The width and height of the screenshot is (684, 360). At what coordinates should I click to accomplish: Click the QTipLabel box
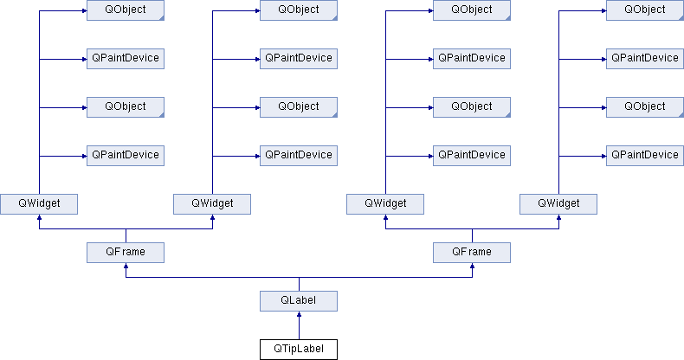coord(299,349)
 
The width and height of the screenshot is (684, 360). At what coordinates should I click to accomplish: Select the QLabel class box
coord(299,301)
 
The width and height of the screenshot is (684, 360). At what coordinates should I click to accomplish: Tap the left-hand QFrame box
coord(126,253)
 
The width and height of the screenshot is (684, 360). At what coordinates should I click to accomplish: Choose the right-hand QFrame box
coord(472,253)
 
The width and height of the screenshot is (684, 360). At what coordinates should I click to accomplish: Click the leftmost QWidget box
coord(39,204)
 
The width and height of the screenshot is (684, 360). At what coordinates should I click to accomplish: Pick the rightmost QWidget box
coord(558,204)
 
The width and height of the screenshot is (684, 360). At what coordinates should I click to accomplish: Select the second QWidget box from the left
coord(212,204)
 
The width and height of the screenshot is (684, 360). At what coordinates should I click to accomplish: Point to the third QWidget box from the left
coord(385,204)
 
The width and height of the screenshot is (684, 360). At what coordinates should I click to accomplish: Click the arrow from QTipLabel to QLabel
coord(299,325)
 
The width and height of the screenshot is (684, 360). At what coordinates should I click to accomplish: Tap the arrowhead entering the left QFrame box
coord(126,266)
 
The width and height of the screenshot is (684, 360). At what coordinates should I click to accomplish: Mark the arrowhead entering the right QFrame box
coord(473,266)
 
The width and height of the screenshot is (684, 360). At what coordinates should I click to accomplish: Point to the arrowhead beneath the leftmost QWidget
coord(39,217)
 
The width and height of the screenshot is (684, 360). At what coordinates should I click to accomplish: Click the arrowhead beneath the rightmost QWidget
coord(558,217)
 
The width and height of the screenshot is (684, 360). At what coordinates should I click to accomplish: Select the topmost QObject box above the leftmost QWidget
coord(126,10)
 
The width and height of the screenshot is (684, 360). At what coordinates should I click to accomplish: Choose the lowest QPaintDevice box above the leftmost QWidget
coord(126,156)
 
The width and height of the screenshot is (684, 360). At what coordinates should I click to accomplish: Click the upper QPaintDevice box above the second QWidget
coord(299,58)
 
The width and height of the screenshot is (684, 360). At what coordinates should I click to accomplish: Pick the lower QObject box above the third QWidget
coord(472,107)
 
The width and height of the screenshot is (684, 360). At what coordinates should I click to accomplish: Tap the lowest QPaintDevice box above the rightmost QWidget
coord(645,156)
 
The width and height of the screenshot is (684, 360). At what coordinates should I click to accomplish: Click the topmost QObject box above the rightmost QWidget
coord(645,10)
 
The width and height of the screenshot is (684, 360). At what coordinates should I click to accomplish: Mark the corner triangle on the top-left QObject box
coord(162,18)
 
